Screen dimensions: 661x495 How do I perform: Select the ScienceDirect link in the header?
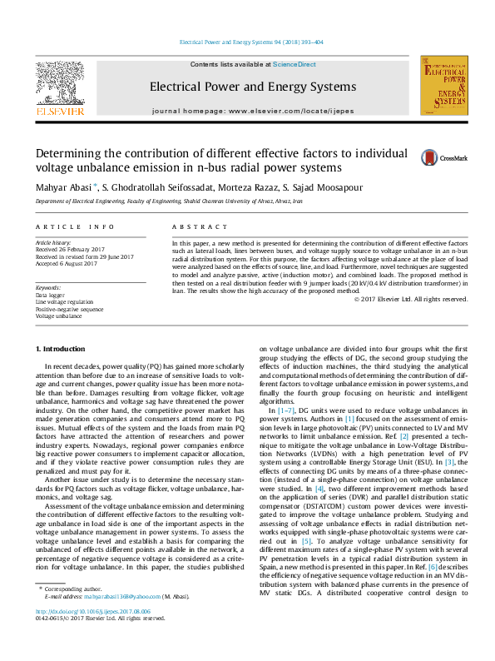click(x=295, y=64)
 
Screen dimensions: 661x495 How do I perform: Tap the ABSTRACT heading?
click(x=194, y=226)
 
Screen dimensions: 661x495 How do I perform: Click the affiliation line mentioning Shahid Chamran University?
click(x=168, y=201)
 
